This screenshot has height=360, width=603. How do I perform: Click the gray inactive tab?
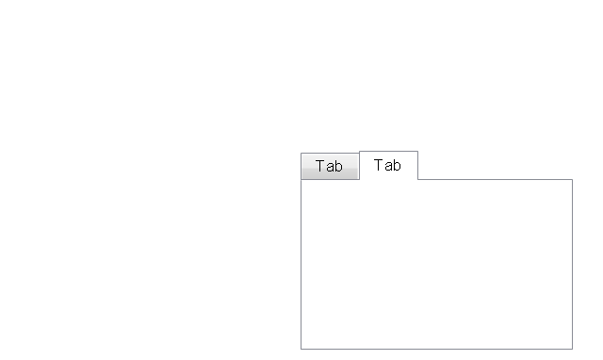(330, 166)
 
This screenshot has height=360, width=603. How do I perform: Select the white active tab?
(388, 165)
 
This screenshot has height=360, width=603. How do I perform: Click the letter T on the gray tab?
(320, 166)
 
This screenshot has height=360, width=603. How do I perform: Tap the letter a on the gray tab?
(330, 168)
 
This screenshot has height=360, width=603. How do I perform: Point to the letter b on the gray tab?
(338, 166)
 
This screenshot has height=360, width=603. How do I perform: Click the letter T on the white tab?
(379, 165)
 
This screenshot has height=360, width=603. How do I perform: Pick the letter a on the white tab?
(388, 166)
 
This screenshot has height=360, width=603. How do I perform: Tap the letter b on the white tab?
(397, 165)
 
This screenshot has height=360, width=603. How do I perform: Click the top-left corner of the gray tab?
(301, 154)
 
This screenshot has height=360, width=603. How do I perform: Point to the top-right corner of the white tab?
(417, 151)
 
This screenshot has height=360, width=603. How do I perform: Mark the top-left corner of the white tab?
(360, 151)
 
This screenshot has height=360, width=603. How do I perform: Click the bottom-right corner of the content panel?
(572, 349)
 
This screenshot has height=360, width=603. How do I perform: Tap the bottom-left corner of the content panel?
(301, 349)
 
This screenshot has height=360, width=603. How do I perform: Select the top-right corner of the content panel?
(572, 180)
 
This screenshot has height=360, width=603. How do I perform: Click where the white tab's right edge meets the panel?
(417, 179)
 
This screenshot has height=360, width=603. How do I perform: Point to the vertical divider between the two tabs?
(360, 166)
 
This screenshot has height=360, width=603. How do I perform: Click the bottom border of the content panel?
(436, 349)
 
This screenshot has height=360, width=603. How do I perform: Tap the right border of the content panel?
(572, 264)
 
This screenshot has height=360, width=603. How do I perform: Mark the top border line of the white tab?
(388, 151)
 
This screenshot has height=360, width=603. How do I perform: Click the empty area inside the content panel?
(436, 264)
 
